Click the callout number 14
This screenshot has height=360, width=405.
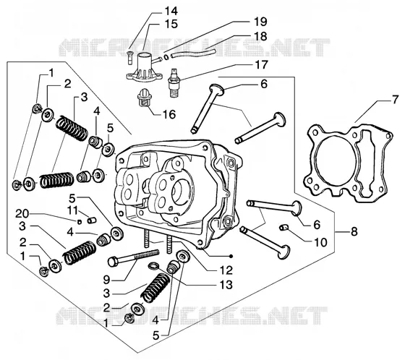point(171,11)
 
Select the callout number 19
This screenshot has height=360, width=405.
point(260,22)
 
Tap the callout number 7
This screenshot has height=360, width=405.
point(396,100)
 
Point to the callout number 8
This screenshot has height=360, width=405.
point(354,231)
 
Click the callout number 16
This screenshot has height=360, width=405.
point(169,114)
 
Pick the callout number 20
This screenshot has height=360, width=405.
point(22,214)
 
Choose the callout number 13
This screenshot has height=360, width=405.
point(226,285)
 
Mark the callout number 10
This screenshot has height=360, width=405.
point(320,242)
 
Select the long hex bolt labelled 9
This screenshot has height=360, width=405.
point(134,257)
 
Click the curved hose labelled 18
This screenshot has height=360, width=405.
point(193,52)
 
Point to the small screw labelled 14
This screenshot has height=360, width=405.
point(130,58)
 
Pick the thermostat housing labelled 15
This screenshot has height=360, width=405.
point(145,67)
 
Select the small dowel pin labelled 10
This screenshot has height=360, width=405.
point(283,228)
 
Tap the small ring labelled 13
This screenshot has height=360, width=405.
point(153,266)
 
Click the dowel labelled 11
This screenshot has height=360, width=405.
point(92,220)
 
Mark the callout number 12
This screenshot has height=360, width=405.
point(226,270)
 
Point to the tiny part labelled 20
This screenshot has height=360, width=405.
point(80,221)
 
